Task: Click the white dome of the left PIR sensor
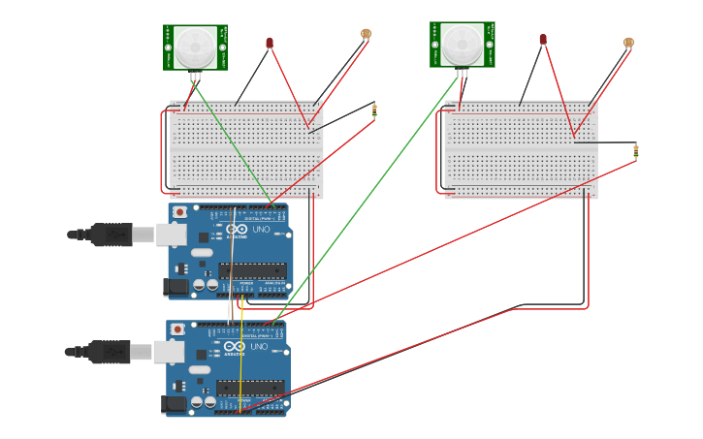pyautogui.click(x=195, y=47)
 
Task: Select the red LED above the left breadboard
pyautogui.click(x=270, y=43)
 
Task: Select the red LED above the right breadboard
pyautogui.click(x=543, y=39)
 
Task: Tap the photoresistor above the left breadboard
pyautogui.click(x=366, y=34)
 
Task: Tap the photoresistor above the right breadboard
pyautogui.click(x=628, y=43)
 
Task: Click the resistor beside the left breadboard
pyautogui.click(x=374, y=111)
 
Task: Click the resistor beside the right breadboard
pyautogui.click(x=636, y=150)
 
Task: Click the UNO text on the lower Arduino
pyautogui.click(x=259, y=346)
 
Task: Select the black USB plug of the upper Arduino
pyautogui.click(x=111, y=235)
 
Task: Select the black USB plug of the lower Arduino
pyautogui.click(x=109, y=351)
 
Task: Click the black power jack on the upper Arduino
pyautogui.click(x=176, y=286)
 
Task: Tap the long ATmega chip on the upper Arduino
pyautogui.click(x=252, y=270)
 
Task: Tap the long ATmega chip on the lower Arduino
pyautogui.click(x=250, y=388)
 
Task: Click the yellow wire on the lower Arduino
pyautogui.click(x=240, y=368)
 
